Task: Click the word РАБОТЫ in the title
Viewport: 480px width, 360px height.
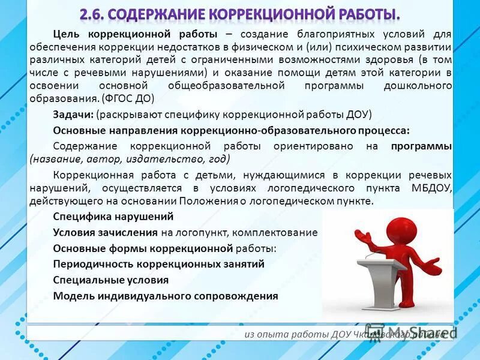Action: pos(363,13)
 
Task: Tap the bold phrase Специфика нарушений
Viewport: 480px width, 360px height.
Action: pos(113,217)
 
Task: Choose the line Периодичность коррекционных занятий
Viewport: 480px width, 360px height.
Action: pos(158,264)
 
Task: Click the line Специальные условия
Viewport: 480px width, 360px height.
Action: pos(110,280)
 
